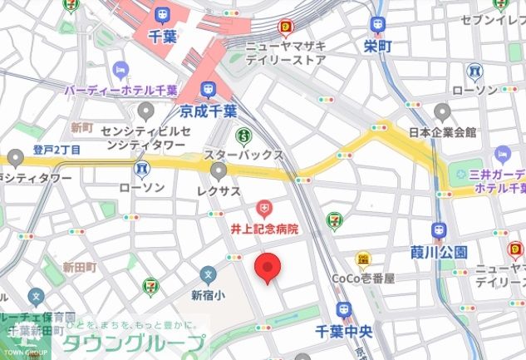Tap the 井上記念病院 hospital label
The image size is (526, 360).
[263, 227]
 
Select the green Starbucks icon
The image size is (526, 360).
[244, 135]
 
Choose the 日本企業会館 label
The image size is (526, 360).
[442, 131]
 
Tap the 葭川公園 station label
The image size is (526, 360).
[439, 252]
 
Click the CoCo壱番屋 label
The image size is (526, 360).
[363, 279]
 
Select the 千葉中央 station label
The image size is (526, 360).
[342, 329]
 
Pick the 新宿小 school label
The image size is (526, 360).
[208, 294]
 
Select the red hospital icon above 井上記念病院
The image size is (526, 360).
[263, 206]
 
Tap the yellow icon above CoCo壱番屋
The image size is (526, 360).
[363, 259]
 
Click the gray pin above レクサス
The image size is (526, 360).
[219, 171]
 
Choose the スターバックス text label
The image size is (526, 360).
[244, 155]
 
